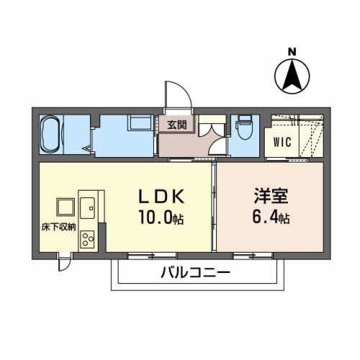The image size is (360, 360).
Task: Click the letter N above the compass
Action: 292,51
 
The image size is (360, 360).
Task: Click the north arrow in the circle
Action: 292,73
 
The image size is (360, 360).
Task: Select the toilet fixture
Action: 244,129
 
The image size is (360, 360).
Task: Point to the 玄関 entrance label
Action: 177,125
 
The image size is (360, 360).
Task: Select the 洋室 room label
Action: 271,196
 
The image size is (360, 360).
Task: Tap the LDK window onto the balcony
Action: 143,256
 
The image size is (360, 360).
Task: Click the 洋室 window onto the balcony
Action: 253,256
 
